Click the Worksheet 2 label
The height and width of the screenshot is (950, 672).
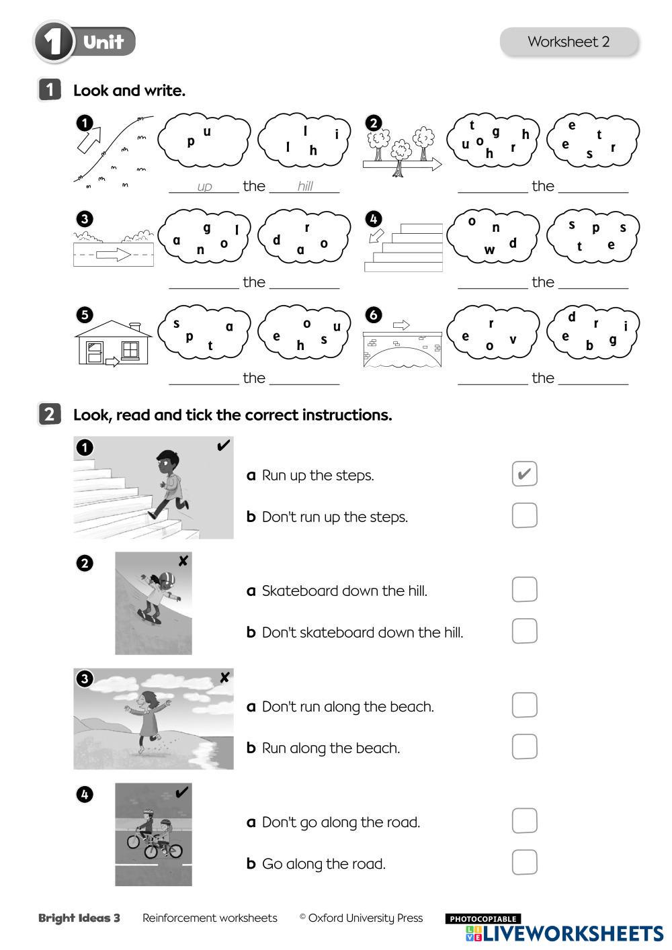[x=569, y=42]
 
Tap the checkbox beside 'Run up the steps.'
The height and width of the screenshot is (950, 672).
[x=524, y=473]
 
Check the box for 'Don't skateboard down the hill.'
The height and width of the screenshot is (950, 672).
[x=524, y=631]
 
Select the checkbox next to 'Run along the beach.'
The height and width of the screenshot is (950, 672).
[x=524, y=746]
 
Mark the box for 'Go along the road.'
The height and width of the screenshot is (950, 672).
[x=524, y=862]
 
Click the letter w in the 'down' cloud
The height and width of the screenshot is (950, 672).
[x=489, y=250]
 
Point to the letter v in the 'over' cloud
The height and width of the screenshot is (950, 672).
[x=513, y=339]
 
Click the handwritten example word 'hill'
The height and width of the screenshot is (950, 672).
[x=305, y=185]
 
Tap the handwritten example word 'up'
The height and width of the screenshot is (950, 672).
[x=204, y=187]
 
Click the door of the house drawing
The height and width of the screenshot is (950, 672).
[x=94, y=353]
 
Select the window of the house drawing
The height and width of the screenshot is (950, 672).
[x=130, y=350]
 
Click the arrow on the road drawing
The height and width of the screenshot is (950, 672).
[x=114, y=255]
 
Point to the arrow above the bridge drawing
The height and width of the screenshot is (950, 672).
[x=401, y=325]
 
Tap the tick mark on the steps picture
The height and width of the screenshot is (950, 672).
[x=223, y=445]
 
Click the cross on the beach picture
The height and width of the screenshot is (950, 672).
[x=224, y=677]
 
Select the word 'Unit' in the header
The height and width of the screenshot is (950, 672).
[x=103, y=42]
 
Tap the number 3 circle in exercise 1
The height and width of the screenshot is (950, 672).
[x=85, y=219]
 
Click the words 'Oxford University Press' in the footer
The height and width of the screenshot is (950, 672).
[x=366, y=918]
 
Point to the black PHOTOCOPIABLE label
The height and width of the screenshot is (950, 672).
[x=482, y=918]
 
